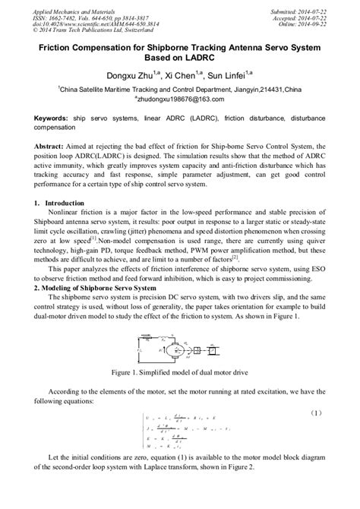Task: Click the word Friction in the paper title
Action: [56, 47]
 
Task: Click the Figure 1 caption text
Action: [178, 374]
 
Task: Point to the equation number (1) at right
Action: [316, 413]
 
